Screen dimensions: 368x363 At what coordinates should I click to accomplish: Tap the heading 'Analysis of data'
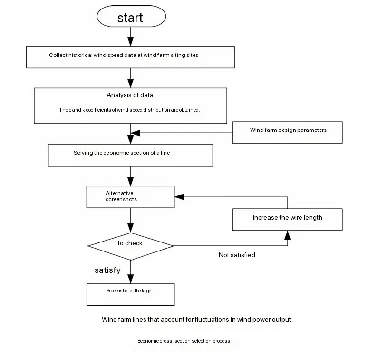(x=130, y=95)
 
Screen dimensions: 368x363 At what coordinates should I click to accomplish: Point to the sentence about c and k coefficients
(x=129, y=110)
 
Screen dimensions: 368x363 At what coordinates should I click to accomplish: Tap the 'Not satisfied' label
(x=237, y=255)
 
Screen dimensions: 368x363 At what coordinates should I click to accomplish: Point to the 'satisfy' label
(x=108, y=270)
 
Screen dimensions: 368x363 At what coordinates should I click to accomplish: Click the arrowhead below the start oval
(x=130, y=41)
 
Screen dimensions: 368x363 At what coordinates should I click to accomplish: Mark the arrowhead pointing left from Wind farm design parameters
(x=135, y=133)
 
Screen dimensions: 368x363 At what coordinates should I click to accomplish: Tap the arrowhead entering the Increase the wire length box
(x=288, y=235)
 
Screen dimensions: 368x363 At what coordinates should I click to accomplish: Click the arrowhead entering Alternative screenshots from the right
(x=179, y=197)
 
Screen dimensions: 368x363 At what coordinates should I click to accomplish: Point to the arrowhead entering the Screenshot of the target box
(x=130, y=279)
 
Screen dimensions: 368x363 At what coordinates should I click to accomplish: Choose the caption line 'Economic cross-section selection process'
(x=184, y=341)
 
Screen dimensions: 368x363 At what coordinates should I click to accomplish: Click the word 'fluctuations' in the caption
(x=212, y=319)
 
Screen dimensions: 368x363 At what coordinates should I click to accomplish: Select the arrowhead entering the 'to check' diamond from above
(x=130, y=228)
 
